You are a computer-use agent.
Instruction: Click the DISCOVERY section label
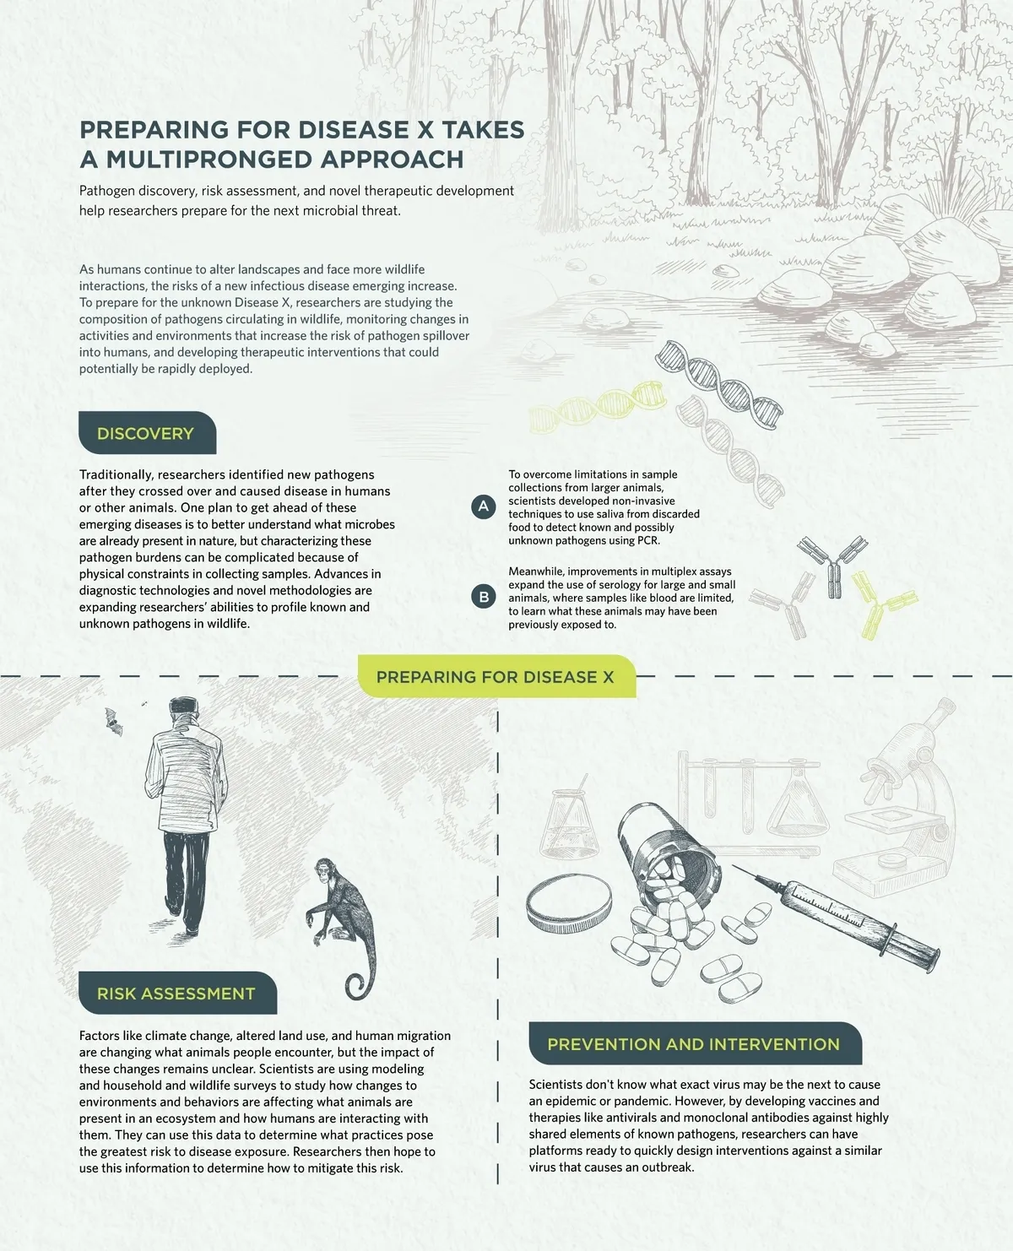[x=148, y=433]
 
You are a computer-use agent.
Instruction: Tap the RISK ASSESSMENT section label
[x=177, y=994]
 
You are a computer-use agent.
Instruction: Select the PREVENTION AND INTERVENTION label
[x=696, y=1043]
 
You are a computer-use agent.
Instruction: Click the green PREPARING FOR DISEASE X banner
[x=497, y=677]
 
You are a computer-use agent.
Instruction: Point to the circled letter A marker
[x=484, y=506]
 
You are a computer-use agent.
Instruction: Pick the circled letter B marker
[x=484, y=597]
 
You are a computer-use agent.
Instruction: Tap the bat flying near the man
[x=113, y=722]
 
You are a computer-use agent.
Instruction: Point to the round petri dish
[x=569, y=905]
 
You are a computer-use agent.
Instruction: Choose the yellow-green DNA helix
[x=597, y=406]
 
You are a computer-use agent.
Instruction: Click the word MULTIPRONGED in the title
[x=285, y=160]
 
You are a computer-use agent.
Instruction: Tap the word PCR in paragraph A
[x=647, y=540]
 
